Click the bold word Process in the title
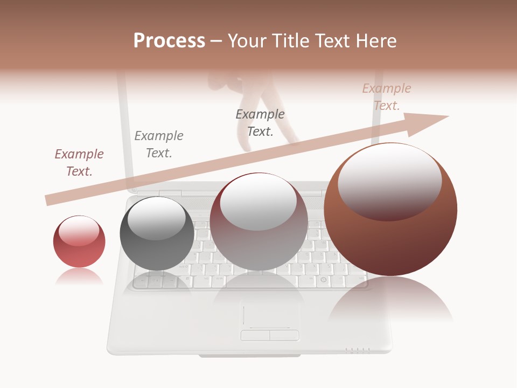click(x=169, y=41)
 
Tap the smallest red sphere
click(x=79, y=242)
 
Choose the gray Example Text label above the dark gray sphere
click(x=159, y=144)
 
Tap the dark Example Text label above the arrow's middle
click(x=260, y=123)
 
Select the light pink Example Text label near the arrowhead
click(x=386, y=97)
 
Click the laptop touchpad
click(x=269, y=315)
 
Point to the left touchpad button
click(x=255, y=335)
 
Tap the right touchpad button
click(x=284, y=335)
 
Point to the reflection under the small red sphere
click(x=79, y=277)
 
